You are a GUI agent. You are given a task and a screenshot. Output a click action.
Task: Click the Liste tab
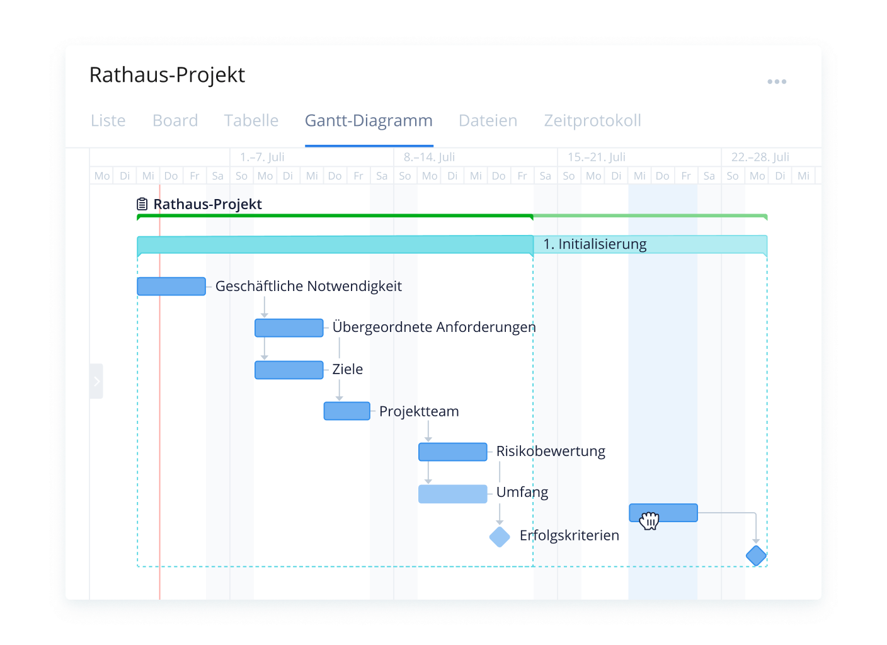tap(108, 120)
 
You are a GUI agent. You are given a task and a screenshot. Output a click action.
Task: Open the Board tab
tap(175, 120)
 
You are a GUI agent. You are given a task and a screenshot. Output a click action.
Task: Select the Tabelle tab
tap(251, 120)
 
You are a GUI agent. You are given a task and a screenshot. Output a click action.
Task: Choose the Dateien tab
tap(488, 120)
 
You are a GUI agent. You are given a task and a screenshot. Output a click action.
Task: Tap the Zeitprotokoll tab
tap(593, 121)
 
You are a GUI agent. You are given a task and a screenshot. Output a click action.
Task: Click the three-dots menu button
tap(777, 81)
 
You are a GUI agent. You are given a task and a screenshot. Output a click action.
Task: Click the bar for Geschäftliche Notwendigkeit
tap(171, 286)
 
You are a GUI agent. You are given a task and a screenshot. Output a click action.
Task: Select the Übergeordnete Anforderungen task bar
tap(289, 328)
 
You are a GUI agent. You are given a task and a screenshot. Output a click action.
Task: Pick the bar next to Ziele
tap(289, 370)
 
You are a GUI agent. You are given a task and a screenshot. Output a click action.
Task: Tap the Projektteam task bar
tap(347, 411)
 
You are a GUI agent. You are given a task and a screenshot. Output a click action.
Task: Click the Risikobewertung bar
tap(453, 452)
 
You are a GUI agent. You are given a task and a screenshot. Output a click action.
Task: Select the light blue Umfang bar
tap(453, 494)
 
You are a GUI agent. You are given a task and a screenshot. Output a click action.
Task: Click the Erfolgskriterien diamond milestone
tap(500, 537)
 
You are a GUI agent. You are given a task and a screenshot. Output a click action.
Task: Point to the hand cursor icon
tap(650, 520)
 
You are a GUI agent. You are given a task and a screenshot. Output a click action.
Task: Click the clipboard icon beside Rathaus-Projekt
tap(142, 204)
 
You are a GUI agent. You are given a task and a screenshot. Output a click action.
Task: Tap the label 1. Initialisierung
tap(595, 244)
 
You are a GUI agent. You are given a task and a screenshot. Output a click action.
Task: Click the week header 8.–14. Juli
tap(429, 157)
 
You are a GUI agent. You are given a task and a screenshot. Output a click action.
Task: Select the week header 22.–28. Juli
tap(760, 157)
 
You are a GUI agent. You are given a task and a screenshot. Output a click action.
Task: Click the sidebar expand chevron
tap(96, 381)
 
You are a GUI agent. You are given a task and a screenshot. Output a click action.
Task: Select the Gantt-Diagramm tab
tap(369, 121)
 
